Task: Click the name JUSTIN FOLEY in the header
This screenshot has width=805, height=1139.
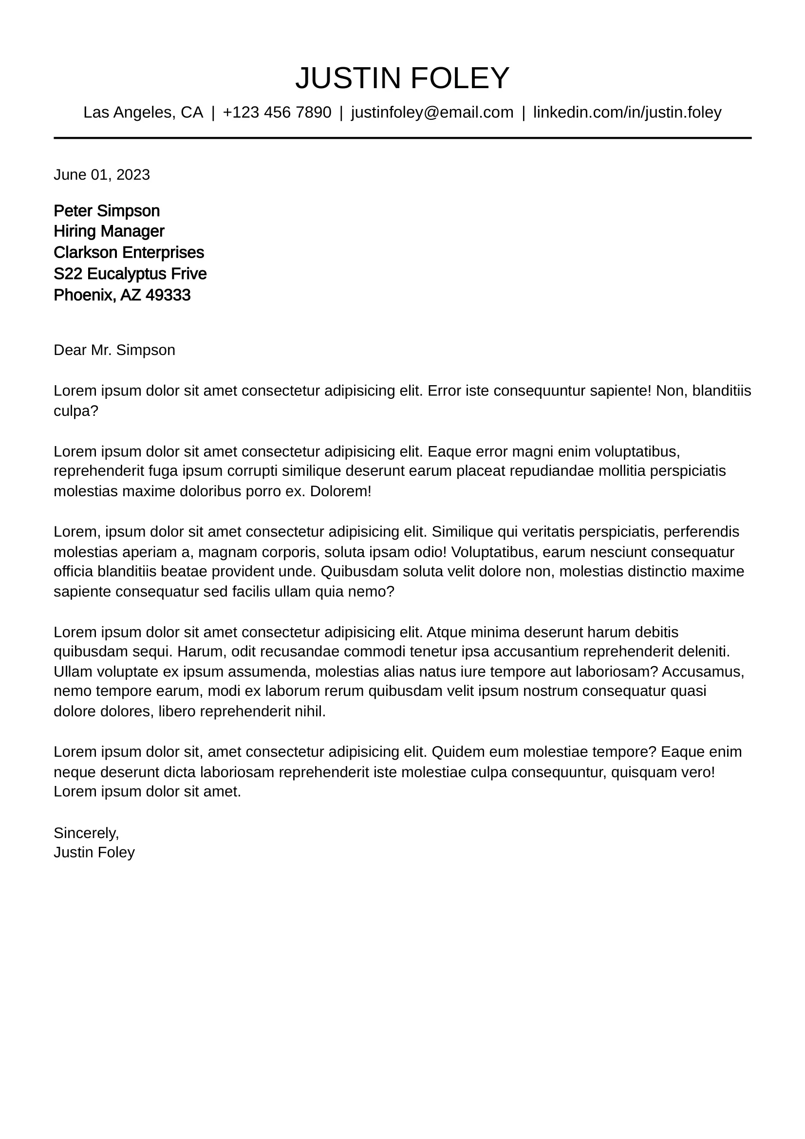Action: (402, 78)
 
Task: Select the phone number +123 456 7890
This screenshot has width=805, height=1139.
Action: (277, 112)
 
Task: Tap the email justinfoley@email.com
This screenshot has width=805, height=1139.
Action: (432, 112)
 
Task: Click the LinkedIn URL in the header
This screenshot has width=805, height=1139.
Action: (627, 112)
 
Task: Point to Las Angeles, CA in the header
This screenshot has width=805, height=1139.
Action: (143, 112)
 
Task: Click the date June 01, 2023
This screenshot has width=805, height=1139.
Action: (102, 175)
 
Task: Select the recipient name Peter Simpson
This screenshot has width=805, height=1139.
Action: (107, 211)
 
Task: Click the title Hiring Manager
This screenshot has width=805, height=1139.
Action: (109, 231)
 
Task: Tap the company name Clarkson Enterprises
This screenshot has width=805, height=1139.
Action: (129, 253)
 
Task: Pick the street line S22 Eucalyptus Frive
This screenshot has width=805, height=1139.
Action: (130, 274)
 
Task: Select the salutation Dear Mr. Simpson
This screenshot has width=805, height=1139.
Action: (114, 350)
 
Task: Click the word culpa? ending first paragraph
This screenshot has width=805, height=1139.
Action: (76, 411)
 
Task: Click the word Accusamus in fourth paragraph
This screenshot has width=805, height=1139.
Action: (702, 672)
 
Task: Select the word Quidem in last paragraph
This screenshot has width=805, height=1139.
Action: (456, 752)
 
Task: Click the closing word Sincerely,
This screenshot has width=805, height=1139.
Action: (86, 833)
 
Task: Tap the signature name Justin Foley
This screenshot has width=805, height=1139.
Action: (94, 852)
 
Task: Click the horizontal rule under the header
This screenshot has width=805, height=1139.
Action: (402, 138)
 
